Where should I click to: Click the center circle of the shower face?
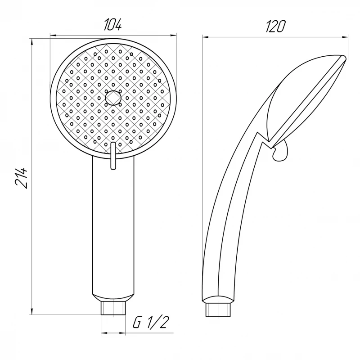pos(113,97)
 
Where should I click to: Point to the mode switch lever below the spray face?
pos(113,156)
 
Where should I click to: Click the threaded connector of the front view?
pos(113,308)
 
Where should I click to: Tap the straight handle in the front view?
pos(113,225)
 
